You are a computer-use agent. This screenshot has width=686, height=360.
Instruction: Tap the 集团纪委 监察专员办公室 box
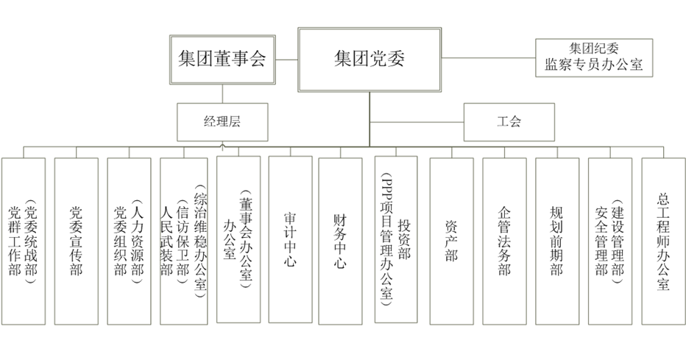tap(593, 57)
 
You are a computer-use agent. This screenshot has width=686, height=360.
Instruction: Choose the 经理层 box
tap(222, 121)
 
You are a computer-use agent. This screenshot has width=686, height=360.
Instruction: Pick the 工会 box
tap(508, 121)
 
